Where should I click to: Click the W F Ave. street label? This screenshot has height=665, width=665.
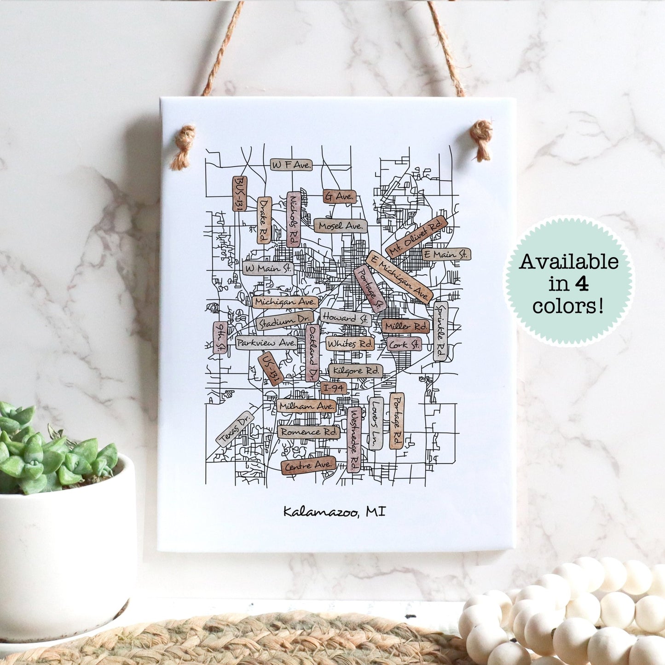tap(291, 165)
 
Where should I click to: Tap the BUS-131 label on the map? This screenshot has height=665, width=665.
tap(240, 193)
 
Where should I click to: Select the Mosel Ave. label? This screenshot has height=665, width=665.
tap(341, 226)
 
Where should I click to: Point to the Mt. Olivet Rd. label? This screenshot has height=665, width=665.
tap(417, 237)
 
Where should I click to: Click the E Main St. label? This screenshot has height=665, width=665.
tap(446, 254)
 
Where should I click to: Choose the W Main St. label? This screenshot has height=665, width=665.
tap(268, 268)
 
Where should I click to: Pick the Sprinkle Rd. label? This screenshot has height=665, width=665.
tap(440, 331)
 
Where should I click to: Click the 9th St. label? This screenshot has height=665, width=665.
tap(220, 337)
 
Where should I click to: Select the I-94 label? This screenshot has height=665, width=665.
tap(334, 388)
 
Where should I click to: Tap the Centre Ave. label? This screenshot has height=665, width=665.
tap(308, 466)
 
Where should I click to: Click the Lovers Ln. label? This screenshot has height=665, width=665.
tap(376, 423)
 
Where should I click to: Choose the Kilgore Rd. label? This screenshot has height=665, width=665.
tap(355, 370)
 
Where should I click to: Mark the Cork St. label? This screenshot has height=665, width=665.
tap(404, 344)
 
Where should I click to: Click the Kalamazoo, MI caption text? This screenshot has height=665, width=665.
tap(334, 511)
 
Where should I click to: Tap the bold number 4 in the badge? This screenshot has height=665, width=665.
tap(582, 284)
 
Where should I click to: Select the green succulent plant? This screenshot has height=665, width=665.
tap(51, 451)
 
